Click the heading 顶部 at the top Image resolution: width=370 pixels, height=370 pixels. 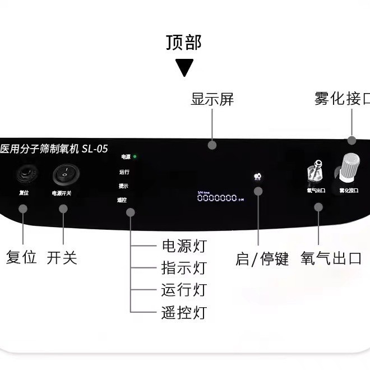click(183, 43)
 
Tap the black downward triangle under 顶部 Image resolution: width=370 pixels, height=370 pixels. click(184, 67)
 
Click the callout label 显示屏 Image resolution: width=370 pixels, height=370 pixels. click(212, 100)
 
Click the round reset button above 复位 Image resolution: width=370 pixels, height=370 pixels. click(24, 173)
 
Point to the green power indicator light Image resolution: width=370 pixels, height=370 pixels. click(135, 157)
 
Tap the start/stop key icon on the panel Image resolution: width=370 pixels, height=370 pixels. click(257, 177)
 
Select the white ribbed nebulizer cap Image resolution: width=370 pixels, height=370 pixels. click(348, 165)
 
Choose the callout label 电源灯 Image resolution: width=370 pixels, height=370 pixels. click(184, 246)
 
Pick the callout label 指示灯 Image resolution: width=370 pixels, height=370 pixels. click(184, 267)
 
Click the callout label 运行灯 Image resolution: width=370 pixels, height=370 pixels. click(184, 289)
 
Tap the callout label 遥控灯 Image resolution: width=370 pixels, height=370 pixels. click(184, 312)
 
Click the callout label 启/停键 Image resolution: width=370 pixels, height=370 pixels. click(262, 259)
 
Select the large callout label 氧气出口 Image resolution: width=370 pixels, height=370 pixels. click(330, 258)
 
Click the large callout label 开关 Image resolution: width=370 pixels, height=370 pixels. click(62, 258)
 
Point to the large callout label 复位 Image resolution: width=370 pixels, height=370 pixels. click(21, 258)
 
